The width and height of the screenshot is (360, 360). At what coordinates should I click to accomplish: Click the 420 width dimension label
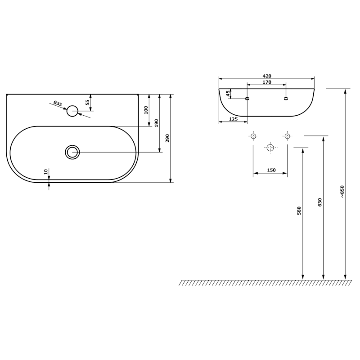(x=266, y=76)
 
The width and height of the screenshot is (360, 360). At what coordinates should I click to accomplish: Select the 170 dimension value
(x=266, y=82)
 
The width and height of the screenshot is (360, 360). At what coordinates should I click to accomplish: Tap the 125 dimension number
(x=233, y=119)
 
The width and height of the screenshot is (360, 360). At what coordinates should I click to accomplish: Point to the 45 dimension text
(x=228, y=94)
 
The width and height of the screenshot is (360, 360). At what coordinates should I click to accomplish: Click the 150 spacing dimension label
(x=271, y=170)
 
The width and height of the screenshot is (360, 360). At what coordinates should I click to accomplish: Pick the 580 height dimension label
(x=299, y=211)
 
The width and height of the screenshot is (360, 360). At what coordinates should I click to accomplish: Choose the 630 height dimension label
(x=320, y=202)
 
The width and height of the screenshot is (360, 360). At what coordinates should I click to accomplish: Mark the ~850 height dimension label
(x=342, y=192)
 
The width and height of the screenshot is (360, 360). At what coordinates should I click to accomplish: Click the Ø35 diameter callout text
(x=58, y=103)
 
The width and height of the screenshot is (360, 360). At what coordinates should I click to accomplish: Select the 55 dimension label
(x=87, y=103)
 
